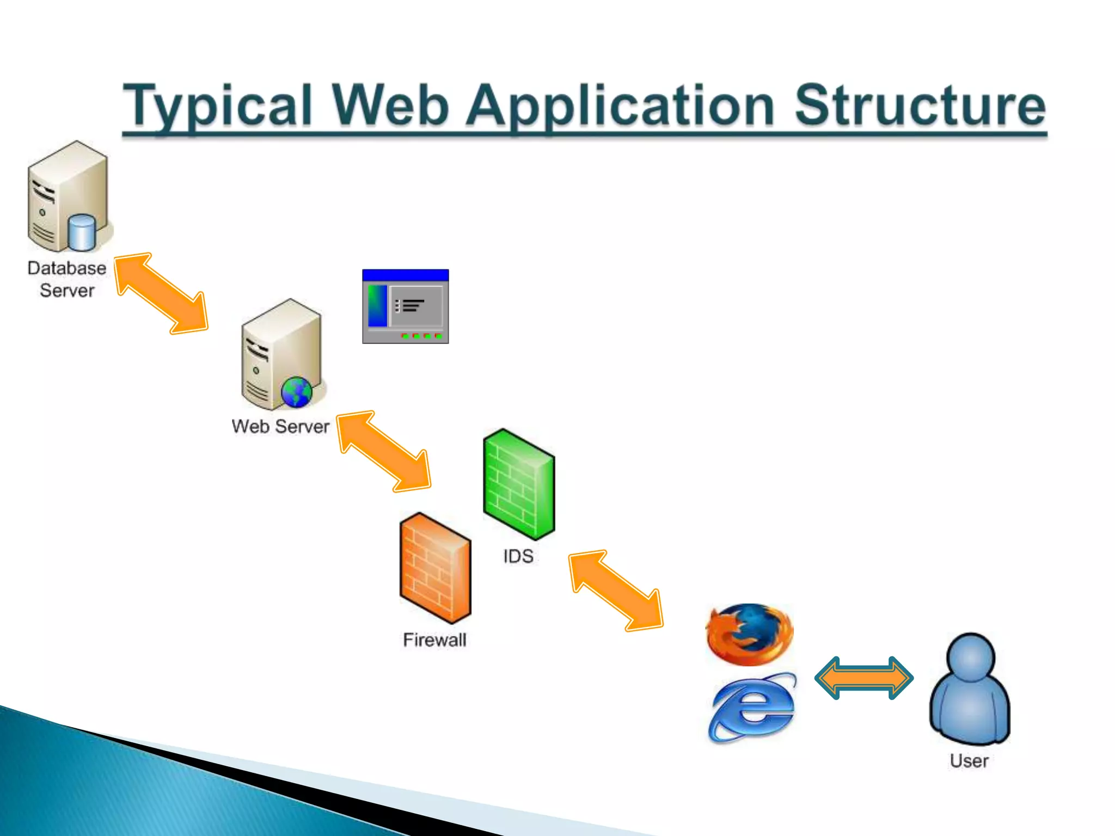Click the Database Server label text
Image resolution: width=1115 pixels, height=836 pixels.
coord(67,279)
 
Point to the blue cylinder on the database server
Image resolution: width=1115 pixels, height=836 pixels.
coord(82,232)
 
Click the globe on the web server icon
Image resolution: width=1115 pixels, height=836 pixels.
coord(297,392)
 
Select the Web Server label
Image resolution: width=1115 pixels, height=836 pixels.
coord(280,426)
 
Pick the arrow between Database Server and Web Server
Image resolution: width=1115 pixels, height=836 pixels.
coord(161,293)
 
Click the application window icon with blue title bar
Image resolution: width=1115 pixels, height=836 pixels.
coord(406,306)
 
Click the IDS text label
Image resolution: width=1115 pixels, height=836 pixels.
coord(518,556)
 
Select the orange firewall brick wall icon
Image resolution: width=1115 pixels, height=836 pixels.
coord(435,568)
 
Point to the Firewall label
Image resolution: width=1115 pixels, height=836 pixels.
coord(434,640)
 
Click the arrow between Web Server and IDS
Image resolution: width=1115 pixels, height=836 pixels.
coord(384,451)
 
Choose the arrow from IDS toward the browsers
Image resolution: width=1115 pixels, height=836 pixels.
coord(616,591)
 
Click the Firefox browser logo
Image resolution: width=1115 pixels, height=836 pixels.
coord(750,634)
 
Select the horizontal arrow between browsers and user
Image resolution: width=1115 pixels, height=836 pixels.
coord(864,678)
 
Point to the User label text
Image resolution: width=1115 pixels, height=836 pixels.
coord(969,760)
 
